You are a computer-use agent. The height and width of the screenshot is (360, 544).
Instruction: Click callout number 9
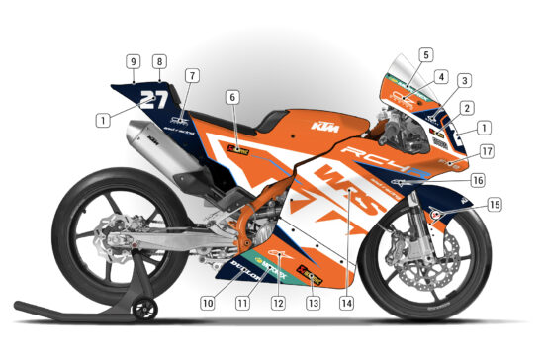pyautogui.click(x=132, y=61)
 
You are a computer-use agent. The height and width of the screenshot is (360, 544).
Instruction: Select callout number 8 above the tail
pyautogui.click(x=159, y=61)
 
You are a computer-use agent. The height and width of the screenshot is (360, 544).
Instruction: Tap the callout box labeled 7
pyautogui.click(x=192, y=75)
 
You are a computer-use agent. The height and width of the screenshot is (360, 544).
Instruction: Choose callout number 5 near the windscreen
pyautogui.click(x=425, y=55)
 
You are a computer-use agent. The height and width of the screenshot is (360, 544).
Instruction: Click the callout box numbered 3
pyautogui.click(x=463, y=81)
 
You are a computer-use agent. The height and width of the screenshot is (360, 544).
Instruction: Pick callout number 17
pyautogui.click(x=487, y=151)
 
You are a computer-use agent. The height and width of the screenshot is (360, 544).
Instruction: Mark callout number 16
pyautogui.click(x=478, y=181)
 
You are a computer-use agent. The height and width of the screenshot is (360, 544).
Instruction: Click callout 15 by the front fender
pyautogui.click(x=494, y=205)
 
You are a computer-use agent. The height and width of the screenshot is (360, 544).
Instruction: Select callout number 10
pyautogui.click(x=208, y=302)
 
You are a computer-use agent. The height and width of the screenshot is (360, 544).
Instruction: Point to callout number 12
pyautogui.click(x=278, y=302)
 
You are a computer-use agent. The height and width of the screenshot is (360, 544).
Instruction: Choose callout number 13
pyautogui.click(x=314, y=302)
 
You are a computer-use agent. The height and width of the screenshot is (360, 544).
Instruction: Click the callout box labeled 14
pyautogui.click(x=345, y=302)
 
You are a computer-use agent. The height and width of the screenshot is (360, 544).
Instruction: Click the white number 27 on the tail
pyautogui.click(x=153, y=98)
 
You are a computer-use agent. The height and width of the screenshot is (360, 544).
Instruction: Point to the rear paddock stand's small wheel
pyautogui.click(x=145, y=310)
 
